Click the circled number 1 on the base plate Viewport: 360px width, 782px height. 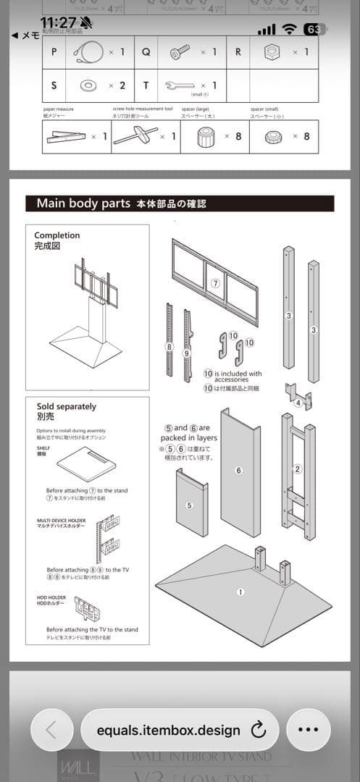click(240, 592)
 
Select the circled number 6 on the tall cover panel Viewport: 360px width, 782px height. click(238, 470)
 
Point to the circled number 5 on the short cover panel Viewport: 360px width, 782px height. click(190, 505)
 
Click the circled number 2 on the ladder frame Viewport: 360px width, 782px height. click(297, 468)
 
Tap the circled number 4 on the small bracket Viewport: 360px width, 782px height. click(298, 403)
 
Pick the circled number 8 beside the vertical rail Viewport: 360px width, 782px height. click(169, 347)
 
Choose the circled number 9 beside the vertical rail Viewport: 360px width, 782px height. click(186, 353)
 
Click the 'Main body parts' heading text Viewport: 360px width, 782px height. click(83, 203)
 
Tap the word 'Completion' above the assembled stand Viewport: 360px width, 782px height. click(57, 235)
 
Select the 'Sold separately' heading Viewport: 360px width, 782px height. click(67, 407)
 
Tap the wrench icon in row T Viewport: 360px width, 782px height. click(181, 85)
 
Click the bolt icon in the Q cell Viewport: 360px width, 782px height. click(180, 52)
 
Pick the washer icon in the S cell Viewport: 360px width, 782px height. click(88, 85)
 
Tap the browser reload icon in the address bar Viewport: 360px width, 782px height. click(258, 730)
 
